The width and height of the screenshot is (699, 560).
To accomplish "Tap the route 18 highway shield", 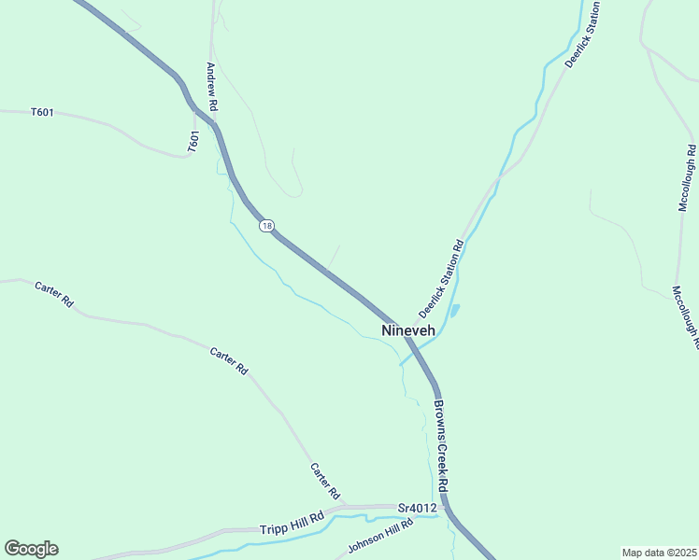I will coord(267,227).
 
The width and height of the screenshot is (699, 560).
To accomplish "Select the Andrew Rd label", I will coord(212,88).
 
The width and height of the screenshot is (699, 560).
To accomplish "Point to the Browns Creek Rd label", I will coord(441,446).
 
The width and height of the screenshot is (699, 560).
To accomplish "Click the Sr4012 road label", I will coord(417,508).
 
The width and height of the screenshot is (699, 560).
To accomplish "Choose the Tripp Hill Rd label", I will coord(292,523).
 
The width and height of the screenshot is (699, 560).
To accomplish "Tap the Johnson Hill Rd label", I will coord(379,535).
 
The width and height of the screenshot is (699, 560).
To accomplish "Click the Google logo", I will coord(31,549).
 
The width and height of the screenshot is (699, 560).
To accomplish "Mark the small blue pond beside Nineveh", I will coord(454,310).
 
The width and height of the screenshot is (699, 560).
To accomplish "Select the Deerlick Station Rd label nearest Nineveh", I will coord(441,277).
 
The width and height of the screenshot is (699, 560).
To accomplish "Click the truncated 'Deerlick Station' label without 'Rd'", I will coord(582,34).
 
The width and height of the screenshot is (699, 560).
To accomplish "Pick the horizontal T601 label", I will coord(42,113).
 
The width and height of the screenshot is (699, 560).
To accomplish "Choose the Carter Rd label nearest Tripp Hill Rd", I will coord(325,481).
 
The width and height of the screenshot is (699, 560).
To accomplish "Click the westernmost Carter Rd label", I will coord(53,294).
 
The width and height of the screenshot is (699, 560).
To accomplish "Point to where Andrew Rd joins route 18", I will coord(217,127).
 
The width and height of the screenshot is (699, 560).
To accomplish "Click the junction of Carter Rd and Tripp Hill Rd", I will coord(347,507).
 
